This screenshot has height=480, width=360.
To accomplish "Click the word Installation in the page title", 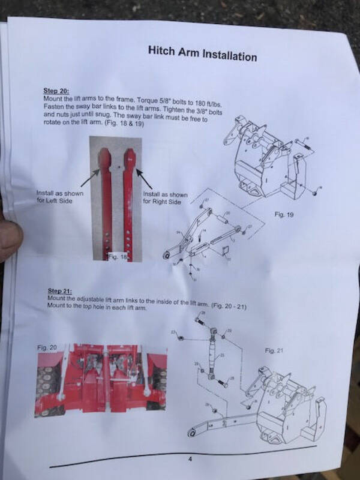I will tap(227, 55).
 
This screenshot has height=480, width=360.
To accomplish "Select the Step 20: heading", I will tap(55, 91).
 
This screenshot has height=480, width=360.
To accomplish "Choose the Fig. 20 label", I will tap(47, 347).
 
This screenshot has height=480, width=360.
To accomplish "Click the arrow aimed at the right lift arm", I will tap(146, 178).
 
